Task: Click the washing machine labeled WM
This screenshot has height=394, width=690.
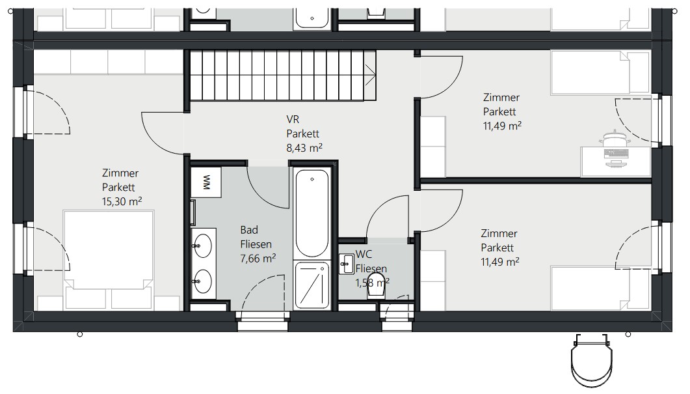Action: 206,182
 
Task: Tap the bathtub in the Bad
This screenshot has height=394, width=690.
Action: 312,213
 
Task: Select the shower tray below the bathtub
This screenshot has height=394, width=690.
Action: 312,285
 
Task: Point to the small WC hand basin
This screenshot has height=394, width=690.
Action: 347,264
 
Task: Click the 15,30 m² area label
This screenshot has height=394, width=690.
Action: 122,201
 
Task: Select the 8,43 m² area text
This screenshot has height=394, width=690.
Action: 304,148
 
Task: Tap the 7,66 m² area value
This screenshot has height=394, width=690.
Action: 258,259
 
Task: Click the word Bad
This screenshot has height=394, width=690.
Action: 249,230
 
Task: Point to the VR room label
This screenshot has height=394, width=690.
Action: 293,119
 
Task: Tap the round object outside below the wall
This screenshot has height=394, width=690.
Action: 591,359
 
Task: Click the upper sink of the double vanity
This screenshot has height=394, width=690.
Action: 203,246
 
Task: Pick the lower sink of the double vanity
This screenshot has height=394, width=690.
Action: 203,281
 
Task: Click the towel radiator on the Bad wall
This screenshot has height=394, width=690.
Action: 192,213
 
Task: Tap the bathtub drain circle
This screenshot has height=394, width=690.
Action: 312,179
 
